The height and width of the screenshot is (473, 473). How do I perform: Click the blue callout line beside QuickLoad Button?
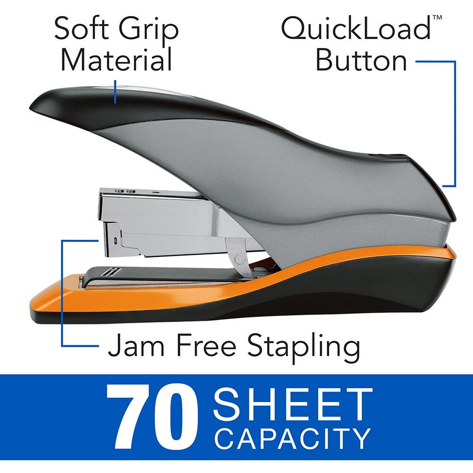pos(455,123)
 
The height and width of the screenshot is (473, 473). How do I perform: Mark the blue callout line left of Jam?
pos(62,293)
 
